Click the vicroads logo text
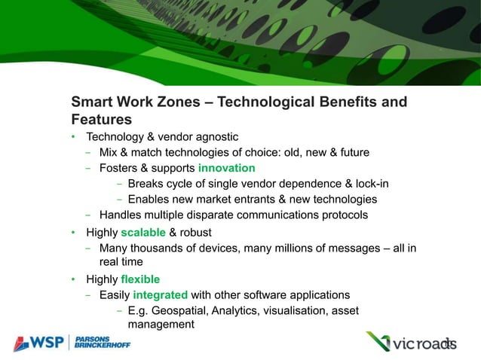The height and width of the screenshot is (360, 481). [x=421, y=344]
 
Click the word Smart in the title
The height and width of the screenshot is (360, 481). [x=91, y=102]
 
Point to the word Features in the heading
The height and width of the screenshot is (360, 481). [x=101, y=120]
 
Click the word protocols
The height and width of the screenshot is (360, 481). [x=342, y=215]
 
